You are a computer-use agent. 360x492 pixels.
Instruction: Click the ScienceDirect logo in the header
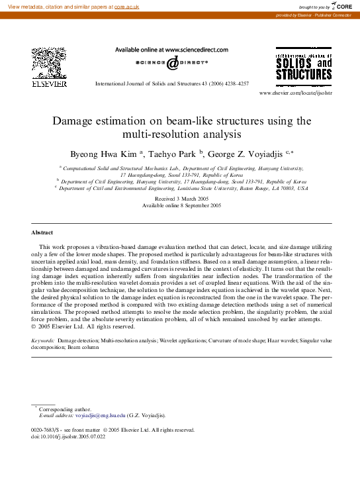coord(171,62)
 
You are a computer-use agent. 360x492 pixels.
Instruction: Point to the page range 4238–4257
coord(235,83)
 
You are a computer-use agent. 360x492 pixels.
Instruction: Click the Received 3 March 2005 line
coord(181,199)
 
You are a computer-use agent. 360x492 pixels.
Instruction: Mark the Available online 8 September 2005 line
coord(181,205)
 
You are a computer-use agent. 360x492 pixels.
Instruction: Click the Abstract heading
coord(42,232)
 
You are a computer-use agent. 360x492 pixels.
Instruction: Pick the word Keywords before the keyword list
coord(43,340)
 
